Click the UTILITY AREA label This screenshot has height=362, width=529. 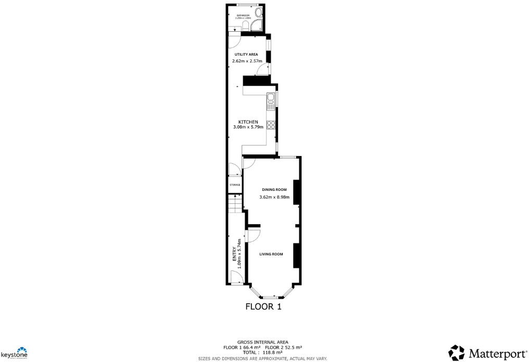click(x=246, y=54)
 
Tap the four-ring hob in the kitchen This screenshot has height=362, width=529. click(x=271, y=125)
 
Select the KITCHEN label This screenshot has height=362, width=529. click(x=248, y=122)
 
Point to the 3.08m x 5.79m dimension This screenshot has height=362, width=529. click(x=248, y=127)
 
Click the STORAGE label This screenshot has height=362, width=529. click(x=235, y=185)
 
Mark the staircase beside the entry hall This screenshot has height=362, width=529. click(x=236, y=203)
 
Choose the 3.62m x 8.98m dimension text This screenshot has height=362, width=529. click(x=276, y=197)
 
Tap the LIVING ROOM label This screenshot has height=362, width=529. click(x=271, y=254)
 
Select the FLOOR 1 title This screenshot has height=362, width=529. click(x=263, y=307)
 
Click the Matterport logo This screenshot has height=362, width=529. click(x=486, y=353)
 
